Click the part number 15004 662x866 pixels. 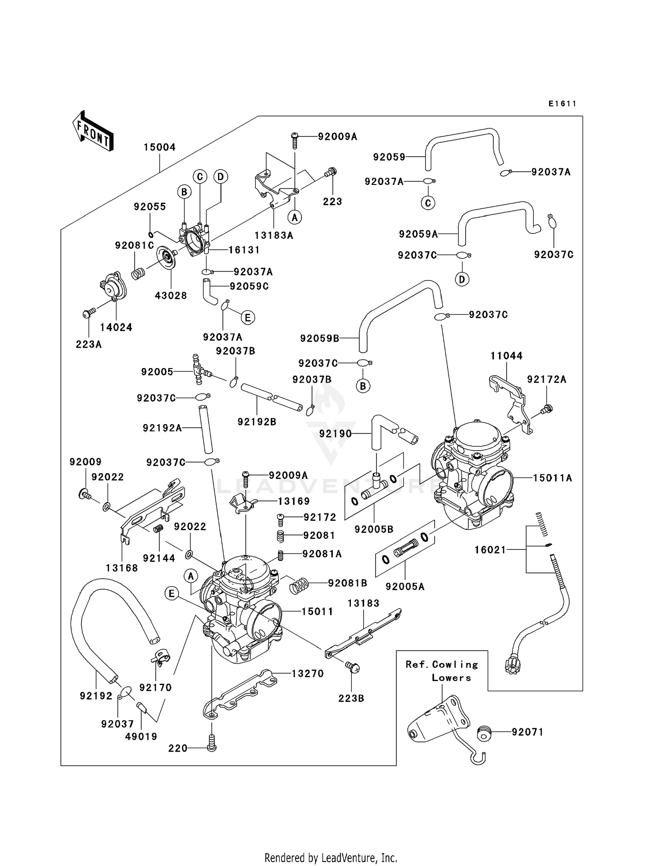pos(159,147)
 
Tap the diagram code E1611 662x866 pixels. pos(562,104)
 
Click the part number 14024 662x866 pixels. pos(116,328)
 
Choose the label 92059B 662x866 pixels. pos(320,339)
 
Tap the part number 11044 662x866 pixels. pos(506,356)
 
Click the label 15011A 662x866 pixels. pos(552,478)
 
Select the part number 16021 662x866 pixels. pos(490,550)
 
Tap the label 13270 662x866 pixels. pos(308,674)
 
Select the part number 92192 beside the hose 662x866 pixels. pos(96,696)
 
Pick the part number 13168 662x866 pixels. pos(122,568)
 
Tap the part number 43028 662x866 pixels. pos(171,296)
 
